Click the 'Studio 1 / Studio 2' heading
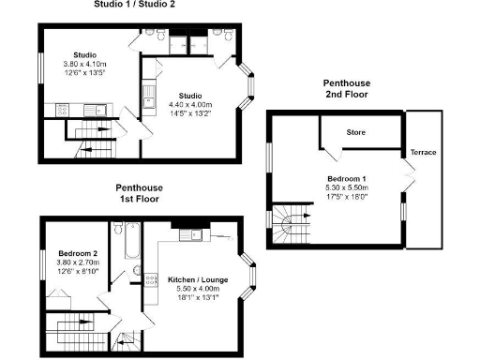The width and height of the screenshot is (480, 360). tap(135, 5)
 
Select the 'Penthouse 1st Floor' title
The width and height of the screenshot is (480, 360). tap(136, 193)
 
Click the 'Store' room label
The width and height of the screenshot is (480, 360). tap(355, 132)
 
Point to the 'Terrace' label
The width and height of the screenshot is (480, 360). tap(423, 152)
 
